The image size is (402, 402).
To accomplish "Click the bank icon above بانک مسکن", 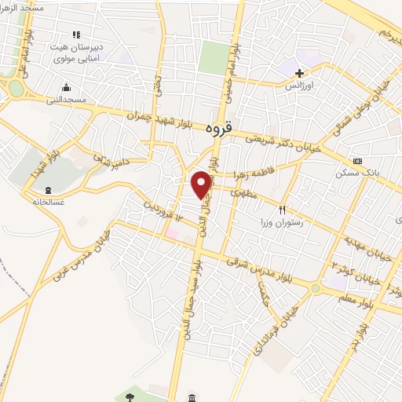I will click(x=358, y=161).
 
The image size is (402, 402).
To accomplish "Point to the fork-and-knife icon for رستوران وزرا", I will click(x=282, y=210).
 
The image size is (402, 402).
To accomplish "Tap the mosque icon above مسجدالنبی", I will click(x=67, y=86).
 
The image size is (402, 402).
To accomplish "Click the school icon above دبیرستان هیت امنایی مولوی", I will click(x=76, y=35).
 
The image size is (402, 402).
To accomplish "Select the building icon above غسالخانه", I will click(x=49, y=189).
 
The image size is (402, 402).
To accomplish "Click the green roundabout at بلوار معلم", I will click(x=316, y=288).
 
